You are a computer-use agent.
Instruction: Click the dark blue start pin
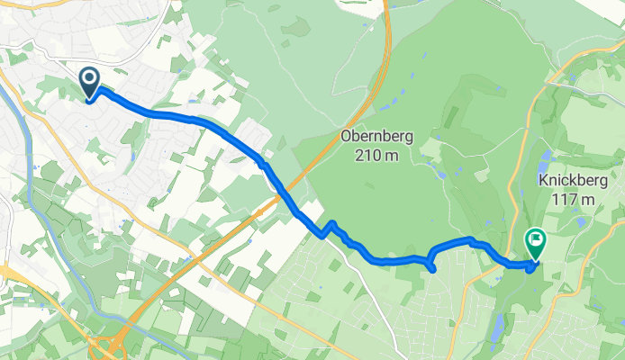[90, 83]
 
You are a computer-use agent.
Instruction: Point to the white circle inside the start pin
[90, 79]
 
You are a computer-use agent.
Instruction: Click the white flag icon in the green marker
[536, 239]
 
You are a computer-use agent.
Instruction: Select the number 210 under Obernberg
[364, 154]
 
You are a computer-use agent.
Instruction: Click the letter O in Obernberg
[346, 137]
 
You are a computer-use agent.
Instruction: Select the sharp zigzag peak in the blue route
[332, 222]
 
